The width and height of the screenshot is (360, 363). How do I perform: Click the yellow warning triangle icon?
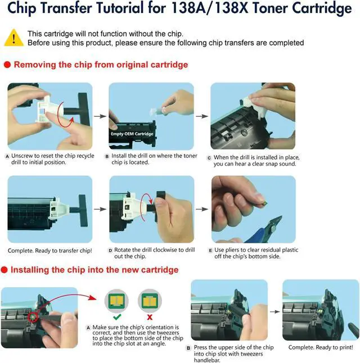[x=14, y=38]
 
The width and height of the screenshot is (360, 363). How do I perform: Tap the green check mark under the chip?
[x=117, y=317]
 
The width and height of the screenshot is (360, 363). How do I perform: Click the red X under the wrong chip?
[x=150, y=317]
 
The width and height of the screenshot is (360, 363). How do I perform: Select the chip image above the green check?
[x=116, y=301]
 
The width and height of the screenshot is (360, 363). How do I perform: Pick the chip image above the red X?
[x=150, y=301]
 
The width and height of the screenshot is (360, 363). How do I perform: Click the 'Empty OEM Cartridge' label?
[x=132, y=134]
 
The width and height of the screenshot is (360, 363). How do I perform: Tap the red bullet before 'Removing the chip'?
[x=7, y=65]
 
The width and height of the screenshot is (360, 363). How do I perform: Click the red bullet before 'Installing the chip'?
[x=4, y=270]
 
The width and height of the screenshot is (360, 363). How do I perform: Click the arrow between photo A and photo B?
[x=100, y=116]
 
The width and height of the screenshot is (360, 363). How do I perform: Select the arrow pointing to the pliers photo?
[x=202, y=209]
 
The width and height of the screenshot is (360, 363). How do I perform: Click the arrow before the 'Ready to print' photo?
[x=275, y=312]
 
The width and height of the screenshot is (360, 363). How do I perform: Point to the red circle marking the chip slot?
[x=33, y=317]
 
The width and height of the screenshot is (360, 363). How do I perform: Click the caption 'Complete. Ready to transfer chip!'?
[x=50, y=251]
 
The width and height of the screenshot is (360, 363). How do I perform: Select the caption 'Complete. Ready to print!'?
[x=321, y=347]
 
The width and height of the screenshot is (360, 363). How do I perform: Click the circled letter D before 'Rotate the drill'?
[x=110, y=251]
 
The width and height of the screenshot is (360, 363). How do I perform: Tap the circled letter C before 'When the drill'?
[x=209, y=158]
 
